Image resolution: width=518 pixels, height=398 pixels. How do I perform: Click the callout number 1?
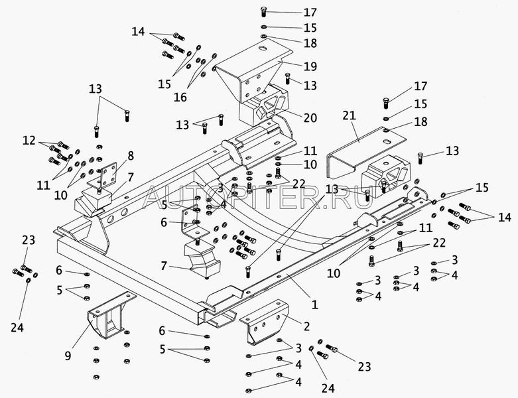pos(315,306)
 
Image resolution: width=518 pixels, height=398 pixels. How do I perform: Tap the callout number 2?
pos(306,326)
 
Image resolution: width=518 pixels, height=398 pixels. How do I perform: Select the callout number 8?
pos(131,155)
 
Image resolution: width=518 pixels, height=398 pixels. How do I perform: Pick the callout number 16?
pos(180,97)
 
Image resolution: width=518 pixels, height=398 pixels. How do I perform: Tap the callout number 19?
pos(310,66)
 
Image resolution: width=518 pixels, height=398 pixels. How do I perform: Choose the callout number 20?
pos(310,117)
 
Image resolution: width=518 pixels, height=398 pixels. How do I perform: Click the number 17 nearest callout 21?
pos(421,86)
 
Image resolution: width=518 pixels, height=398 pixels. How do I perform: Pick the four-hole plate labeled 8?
pos(106,174)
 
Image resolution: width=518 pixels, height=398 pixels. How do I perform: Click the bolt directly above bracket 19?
pos(264,11)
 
